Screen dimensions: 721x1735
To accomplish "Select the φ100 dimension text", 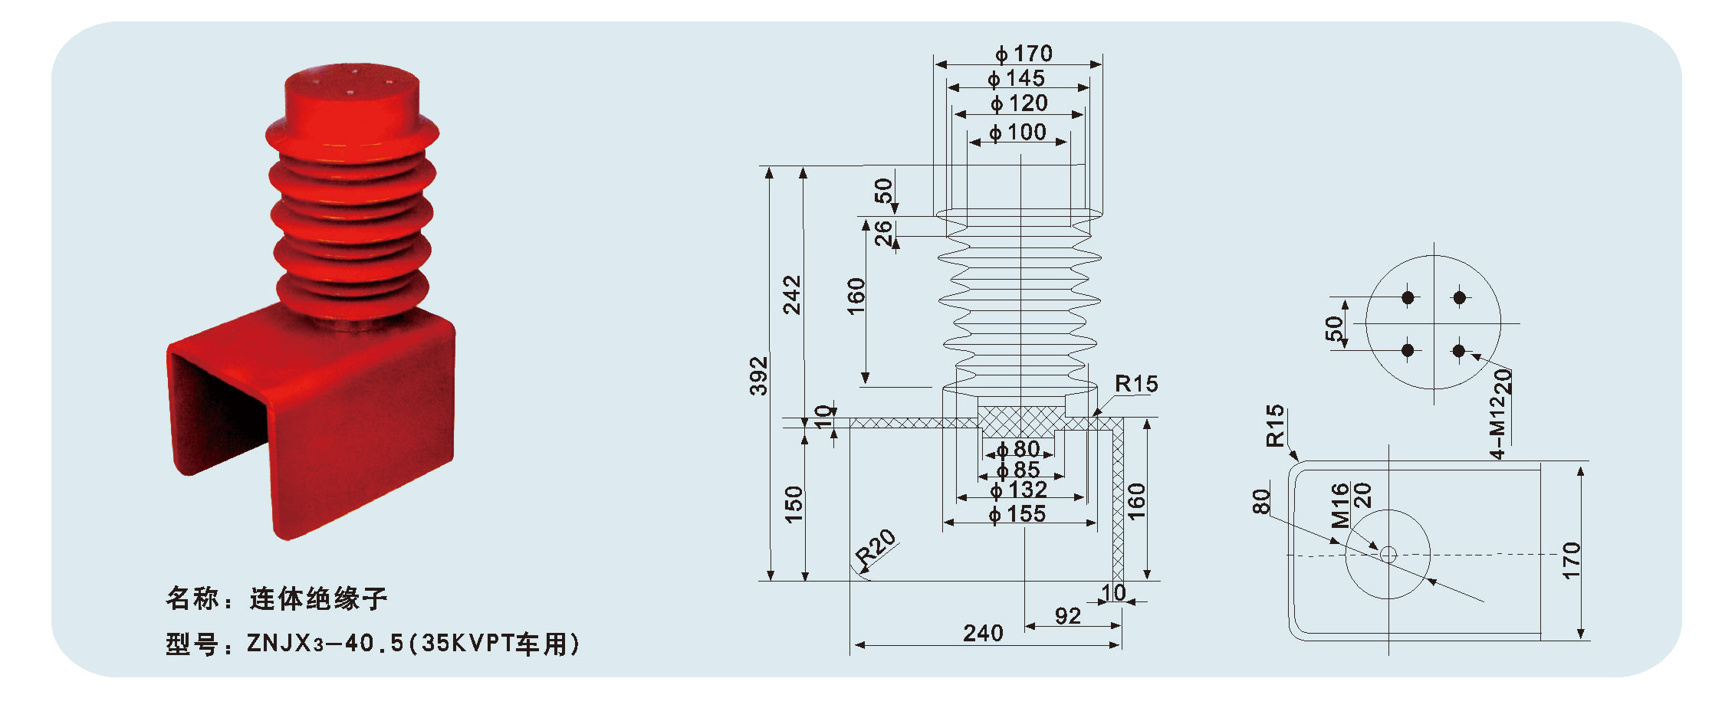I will click(1017, 133).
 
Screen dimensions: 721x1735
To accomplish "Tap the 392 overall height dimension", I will click(758, 375).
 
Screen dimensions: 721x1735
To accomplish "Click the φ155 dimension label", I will click(1017, 514).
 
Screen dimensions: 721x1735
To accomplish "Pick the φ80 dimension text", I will click(1017, 449).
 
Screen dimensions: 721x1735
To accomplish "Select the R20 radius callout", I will click(876, 549).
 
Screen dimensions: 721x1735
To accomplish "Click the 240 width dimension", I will click(983, 633).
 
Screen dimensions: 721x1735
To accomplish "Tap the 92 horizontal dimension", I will click(1067, 616).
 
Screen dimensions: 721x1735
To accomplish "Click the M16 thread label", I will click(1339, 506).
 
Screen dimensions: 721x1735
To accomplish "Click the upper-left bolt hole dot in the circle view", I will click(1408, 297).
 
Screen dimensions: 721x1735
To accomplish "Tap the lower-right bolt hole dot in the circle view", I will click(1458, 351).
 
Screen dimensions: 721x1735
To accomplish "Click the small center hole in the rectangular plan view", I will click(1388, 554).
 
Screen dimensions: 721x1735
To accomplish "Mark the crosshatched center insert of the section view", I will click(1021, 422).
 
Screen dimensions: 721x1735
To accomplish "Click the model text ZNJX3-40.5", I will click(325, 644).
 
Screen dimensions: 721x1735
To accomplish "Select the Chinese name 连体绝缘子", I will click(317, 598).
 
